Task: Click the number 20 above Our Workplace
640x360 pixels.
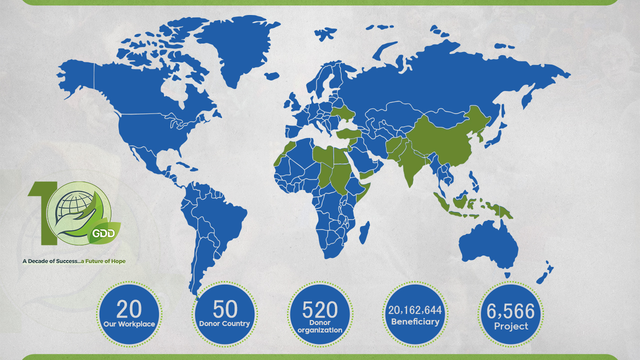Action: [x=129, y=309]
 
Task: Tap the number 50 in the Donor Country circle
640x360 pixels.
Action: [x=225, y=309]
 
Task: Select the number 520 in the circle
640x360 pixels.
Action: [x=320, y=310]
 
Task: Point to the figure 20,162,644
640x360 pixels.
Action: [x=415, y=310]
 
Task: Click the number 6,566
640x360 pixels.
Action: [x=510, y=311]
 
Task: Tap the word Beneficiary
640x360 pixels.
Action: [x=415, y=321]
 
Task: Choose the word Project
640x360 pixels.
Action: [x=510, y=326]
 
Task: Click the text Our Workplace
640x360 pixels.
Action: [x=129, y=324]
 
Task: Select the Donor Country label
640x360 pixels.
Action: [x=224, y=323]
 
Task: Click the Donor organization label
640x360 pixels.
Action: [x=320, y=326]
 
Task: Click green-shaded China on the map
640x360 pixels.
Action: [x=445, y=140]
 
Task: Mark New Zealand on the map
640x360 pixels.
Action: [x=544, y=273]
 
